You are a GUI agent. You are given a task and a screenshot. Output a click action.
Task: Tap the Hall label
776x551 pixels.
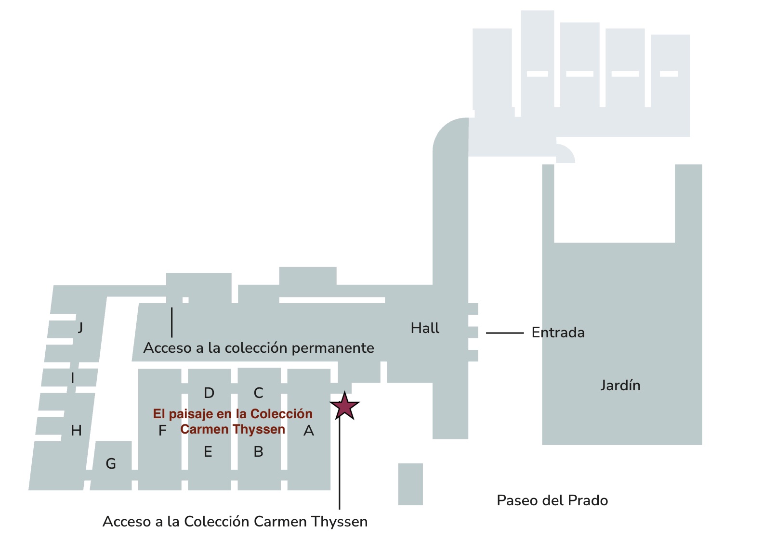coord(425,328)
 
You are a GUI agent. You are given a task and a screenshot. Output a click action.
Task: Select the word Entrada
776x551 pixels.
coord(558,333)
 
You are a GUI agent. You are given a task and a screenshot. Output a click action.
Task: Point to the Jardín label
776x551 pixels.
coord(620,385)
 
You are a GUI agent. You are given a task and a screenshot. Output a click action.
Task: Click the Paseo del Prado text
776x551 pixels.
coord(552,500)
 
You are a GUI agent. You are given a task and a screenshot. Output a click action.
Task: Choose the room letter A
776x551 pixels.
coord(309,431)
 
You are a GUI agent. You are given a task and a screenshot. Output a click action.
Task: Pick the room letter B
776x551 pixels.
coord(258,452)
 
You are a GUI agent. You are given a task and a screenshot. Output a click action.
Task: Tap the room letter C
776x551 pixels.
coord(258,393)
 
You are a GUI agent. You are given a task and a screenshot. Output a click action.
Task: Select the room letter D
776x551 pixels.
coord(209,393)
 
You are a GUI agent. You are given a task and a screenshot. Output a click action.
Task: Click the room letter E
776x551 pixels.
coord(208,452)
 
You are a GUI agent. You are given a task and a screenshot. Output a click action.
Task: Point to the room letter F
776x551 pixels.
coord(162,430)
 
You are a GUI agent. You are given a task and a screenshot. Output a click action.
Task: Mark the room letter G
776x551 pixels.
coord(111,464)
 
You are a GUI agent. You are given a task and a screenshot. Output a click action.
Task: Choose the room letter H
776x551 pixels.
coord(76,431)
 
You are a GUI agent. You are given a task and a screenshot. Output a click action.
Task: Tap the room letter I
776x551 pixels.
coord(73,378)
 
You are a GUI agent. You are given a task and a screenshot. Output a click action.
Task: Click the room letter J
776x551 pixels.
coord(80,328)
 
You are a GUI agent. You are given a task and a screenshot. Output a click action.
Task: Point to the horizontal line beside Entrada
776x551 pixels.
coord(504,333)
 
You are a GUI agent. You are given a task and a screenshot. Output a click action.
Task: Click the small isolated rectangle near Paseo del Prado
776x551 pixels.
coord(410,484)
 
